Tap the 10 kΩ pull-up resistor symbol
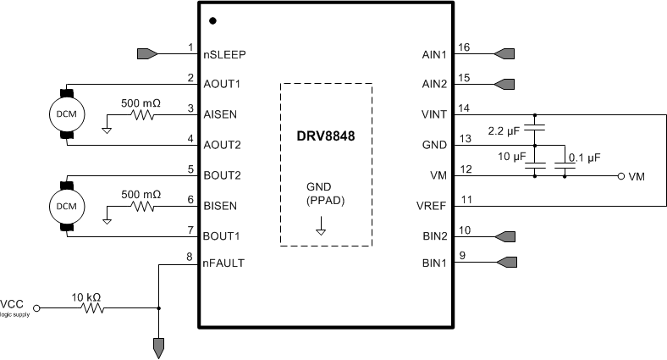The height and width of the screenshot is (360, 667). pos(92,308)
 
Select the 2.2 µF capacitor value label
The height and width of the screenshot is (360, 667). pos(506,130)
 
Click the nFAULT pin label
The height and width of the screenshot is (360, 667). pos(224,263)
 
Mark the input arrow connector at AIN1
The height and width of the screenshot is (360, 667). pos(504,54)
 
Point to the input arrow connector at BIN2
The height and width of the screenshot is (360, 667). pos(504,235)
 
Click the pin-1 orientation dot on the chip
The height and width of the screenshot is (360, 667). pos(212,19)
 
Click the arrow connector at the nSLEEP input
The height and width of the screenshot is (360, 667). pos(146,54)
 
